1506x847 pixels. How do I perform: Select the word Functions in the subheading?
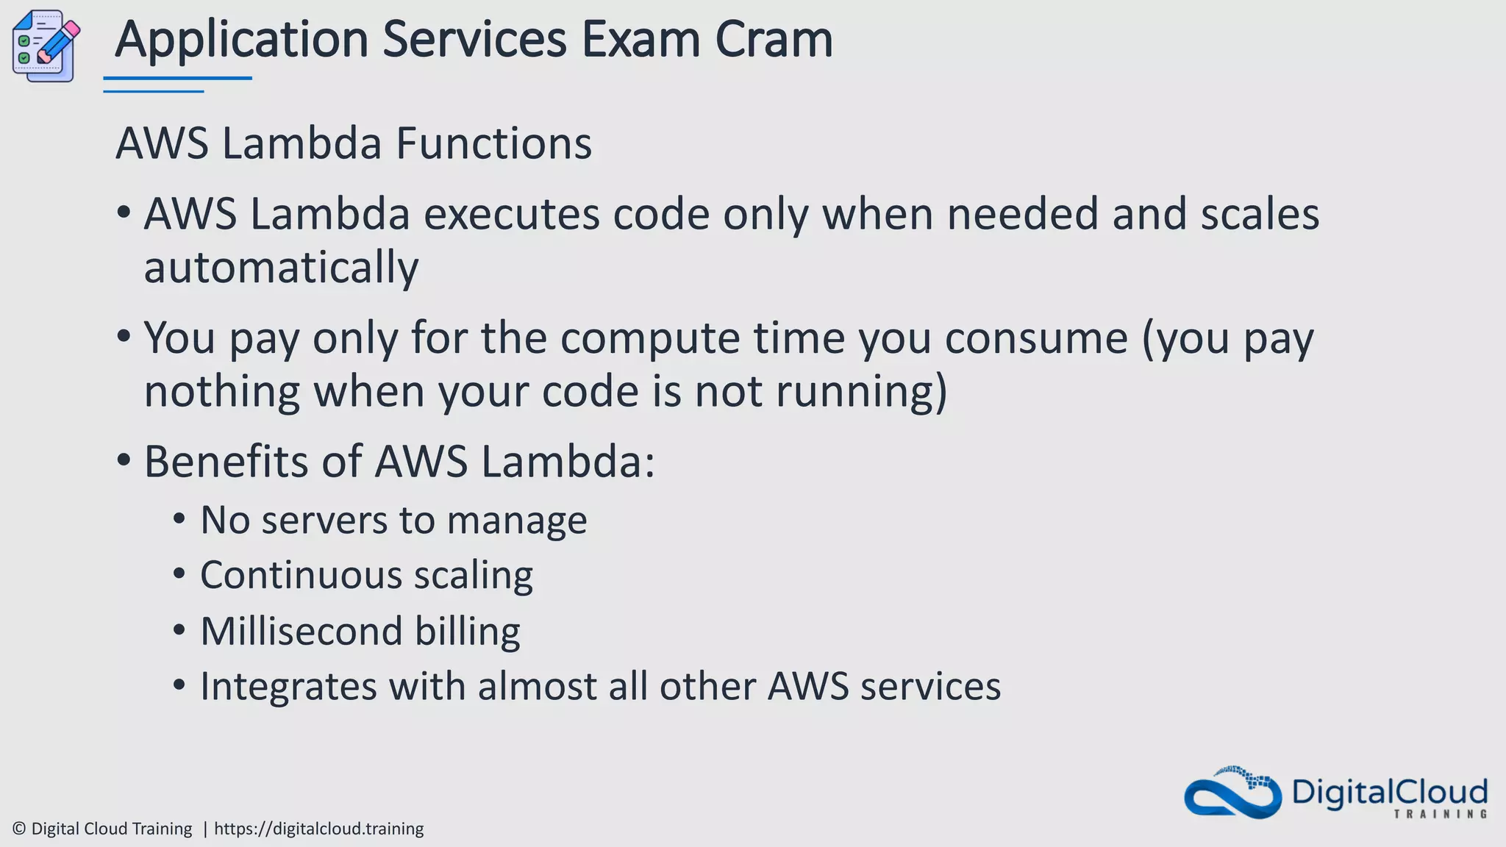click(x=493, y=143)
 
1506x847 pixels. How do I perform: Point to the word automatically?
click(x=281, y=268)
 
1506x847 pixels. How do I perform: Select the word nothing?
click(x=221, y=391)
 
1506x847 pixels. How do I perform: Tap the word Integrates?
click(x=288, y=687)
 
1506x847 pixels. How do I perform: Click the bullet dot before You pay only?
click(x=124, y=337)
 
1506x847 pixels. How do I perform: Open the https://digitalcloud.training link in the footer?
click(x=318, y=829)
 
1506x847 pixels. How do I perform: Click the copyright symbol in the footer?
click(x=19, y=829)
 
